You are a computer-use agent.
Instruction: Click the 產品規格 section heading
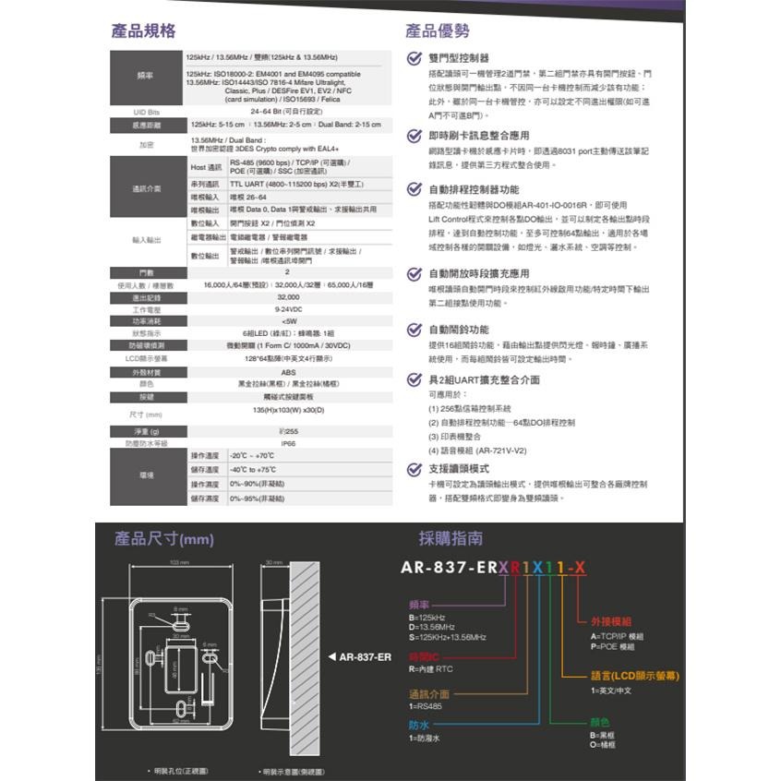142,31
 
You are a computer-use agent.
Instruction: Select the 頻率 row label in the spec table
145,75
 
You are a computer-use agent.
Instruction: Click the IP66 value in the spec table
287,443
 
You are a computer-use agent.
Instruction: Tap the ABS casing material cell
287,371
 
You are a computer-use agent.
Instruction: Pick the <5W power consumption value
287,320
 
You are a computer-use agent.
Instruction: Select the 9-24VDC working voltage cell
287,308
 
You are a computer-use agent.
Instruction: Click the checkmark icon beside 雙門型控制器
415,58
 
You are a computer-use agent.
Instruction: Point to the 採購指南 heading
450,538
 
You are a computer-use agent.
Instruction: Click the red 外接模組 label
610,621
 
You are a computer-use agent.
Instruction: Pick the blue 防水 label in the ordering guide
418,725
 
